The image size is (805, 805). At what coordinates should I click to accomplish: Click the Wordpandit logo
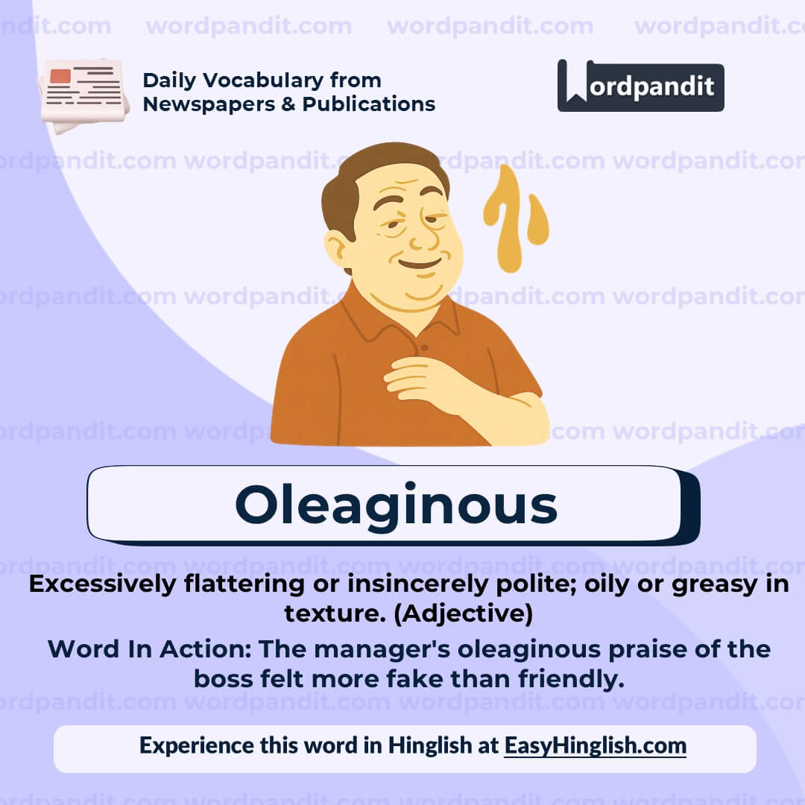coord(640,86)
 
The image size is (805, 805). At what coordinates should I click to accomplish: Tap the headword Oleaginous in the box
coord(396,505)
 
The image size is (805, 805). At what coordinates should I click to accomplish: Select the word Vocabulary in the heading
coord(266,80)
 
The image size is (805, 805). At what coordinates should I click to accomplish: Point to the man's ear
coord(336,247)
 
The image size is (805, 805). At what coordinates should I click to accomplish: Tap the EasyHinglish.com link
coord(595,745)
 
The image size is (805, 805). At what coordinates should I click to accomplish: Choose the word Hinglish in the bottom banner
coord(429,745)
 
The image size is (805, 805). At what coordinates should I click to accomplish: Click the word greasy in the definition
coord(719,584)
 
